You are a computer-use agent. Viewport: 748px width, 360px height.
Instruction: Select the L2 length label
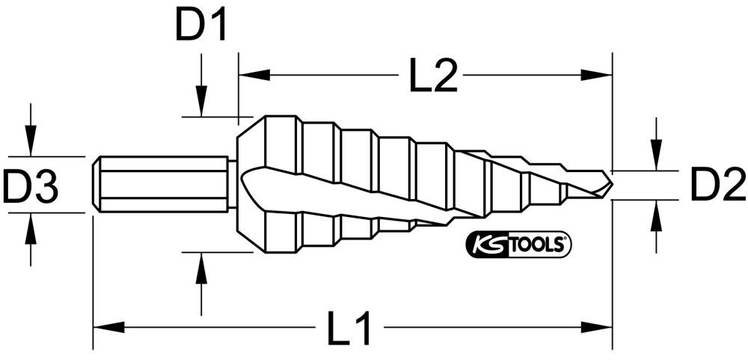point(433,76)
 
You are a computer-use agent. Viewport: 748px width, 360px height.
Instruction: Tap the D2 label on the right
point(717,185)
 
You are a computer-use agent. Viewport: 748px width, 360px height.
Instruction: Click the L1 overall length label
point(350,328)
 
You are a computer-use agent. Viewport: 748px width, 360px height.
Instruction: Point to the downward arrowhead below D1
point(200,105)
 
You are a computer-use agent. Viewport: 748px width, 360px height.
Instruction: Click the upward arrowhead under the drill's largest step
point(200,265)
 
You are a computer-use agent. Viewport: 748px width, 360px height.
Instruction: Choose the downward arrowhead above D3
point(30,144)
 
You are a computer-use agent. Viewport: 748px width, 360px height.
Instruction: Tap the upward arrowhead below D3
point(30,226)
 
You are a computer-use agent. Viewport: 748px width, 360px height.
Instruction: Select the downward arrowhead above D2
point(656,158)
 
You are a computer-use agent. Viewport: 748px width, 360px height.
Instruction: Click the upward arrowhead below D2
point(656,213)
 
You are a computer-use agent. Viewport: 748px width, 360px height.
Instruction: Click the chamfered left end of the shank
point(96,185)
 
